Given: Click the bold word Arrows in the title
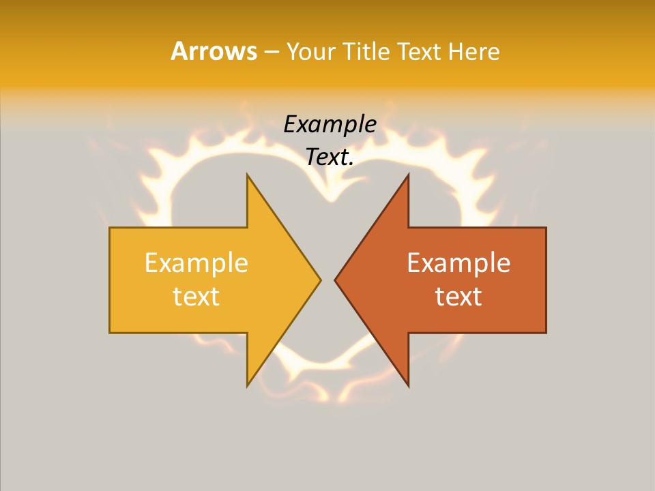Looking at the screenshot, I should (213, 51).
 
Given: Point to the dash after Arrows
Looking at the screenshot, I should (271, 52).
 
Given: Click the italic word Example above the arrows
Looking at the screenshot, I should (330, 125).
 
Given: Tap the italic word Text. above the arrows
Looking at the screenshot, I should (330, 158).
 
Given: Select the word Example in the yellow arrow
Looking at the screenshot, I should (196, 263).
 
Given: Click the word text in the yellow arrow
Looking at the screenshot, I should (196, 297).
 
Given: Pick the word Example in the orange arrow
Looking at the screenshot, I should (458, 263).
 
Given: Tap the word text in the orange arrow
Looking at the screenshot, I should (458, 297).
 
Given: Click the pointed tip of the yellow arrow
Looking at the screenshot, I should (321, 280).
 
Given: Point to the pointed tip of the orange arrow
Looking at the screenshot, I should (335, 280).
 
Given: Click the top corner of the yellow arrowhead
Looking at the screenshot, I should (248, 175).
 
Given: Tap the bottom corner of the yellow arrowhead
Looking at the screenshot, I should (248, 386).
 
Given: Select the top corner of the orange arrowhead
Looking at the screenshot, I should (408, 175).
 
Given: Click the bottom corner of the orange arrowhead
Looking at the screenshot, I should (408, 386).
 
